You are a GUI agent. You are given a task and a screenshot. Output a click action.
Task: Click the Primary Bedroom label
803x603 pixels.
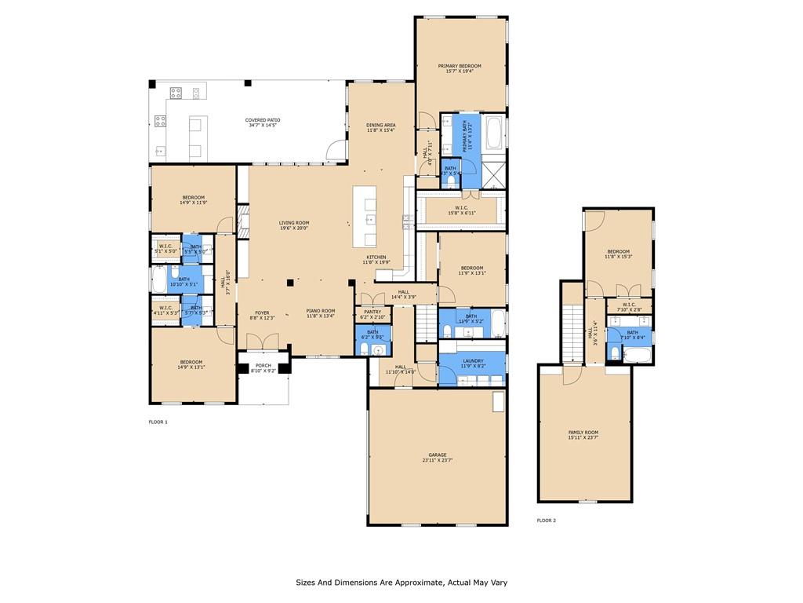(460, 66)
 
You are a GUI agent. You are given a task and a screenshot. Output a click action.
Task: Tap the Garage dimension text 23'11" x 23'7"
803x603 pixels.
(437, 461)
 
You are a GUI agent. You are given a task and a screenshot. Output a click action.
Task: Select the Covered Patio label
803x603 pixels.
(263, 120)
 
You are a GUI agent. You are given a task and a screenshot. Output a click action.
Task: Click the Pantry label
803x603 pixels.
(372, 312)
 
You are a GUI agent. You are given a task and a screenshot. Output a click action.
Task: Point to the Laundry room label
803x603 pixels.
(472, 361)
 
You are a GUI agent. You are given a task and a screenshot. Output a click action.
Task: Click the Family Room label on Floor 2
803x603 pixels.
(583, 433)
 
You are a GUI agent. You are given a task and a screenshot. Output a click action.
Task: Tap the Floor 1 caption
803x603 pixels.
(158, 422)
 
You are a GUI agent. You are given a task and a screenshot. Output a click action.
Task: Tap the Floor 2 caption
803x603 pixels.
(546, 521)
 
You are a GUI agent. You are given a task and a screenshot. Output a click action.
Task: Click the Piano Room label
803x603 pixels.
(321, 311)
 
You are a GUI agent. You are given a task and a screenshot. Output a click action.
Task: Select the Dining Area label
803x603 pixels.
(380, 125)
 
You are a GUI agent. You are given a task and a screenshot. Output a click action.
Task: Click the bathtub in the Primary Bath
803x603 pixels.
(494, 133)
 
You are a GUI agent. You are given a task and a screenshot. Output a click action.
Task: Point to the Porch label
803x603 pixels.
(263, 365)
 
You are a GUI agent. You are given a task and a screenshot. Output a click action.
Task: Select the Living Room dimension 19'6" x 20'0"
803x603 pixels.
(294, 228)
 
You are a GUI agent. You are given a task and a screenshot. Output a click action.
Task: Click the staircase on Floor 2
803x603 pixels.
(572, 330)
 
